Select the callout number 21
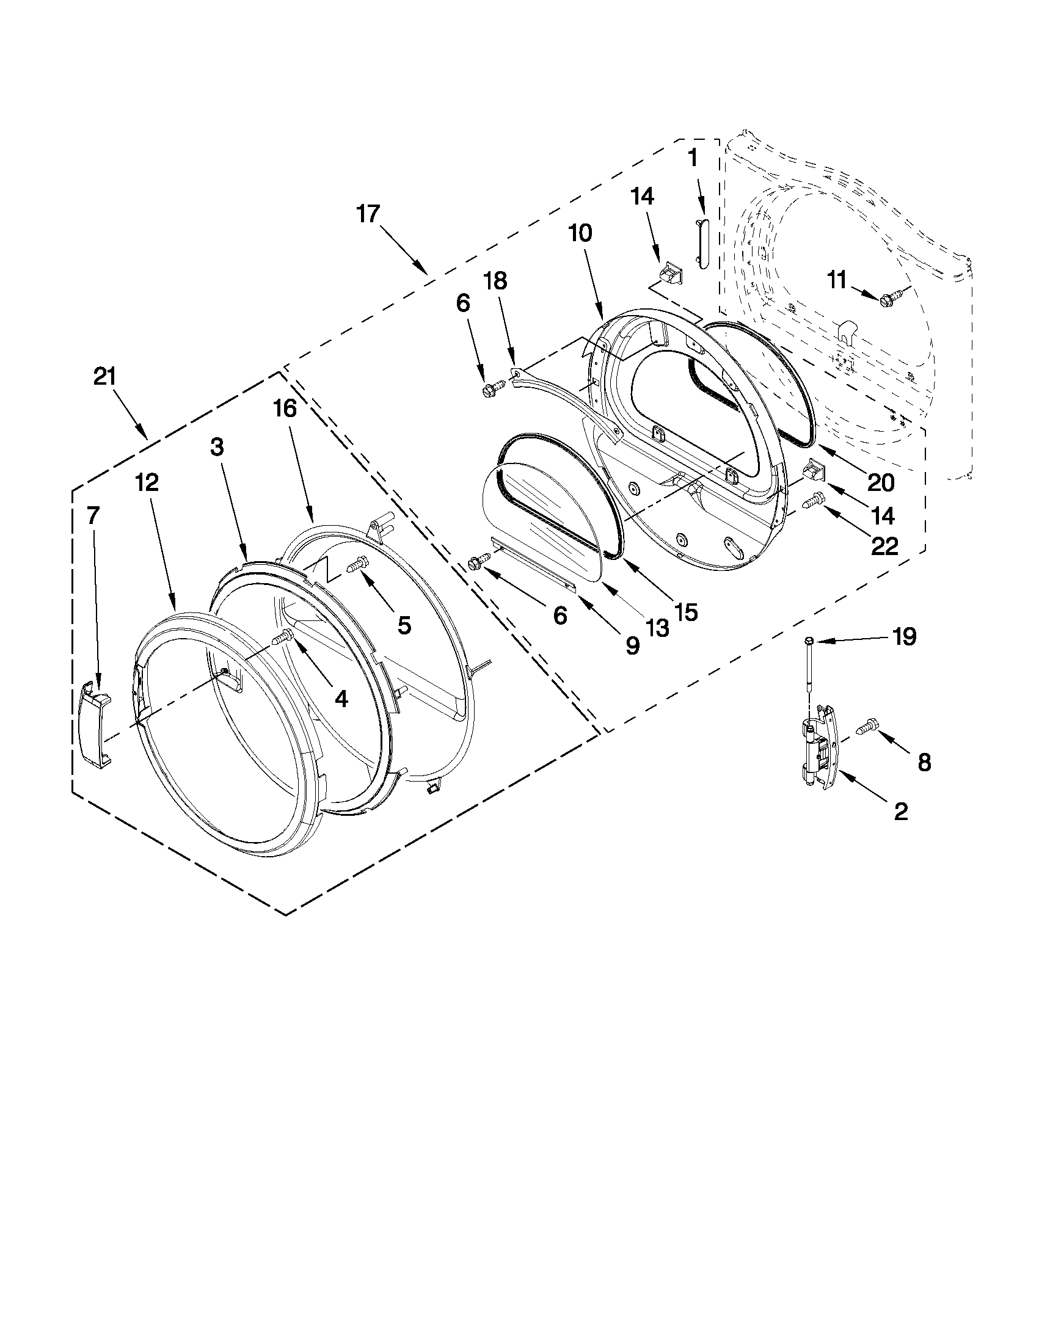point(105,376)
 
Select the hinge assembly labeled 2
point(820,746)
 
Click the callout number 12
point(147,482)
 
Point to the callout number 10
point(580,233)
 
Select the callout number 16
point(286,407)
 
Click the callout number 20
point(880,482)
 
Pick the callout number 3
point(217,447)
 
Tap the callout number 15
point(685,611)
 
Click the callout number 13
point(656,627)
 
